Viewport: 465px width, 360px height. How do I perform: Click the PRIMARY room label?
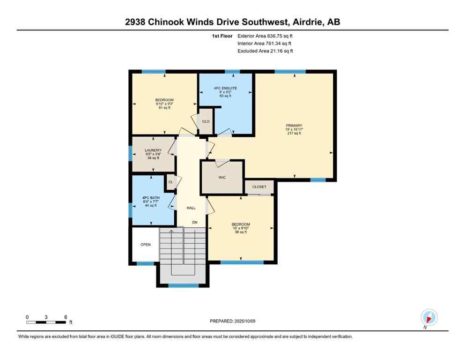(x=294, y=125)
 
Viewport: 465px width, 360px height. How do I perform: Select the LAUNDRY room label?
(x=153, y=150)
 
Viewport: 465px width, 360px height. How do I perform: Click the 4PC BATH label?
(x=151, y=198)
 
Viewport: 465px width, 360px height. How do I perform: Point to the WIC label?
(x=222, y=178)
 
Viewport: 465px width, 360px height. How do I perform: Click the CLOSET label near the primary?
(x=259, y=187)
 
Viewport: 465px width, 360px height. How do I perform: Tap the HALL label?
(x=191, y=208)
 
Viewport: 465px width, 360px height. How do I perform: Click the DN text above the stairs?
(x=194, y=222)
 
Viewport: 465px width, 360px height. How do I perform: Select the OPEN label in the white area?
(x=146, y=245)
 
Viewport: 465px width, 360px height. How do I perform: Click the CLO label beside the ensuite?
(x=206, y=121)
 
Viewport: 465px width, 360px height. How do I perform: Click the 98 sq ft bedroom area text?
(x=241, y=232)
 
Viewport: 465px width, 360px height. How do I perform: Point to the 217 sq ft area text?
(x=294, y=133)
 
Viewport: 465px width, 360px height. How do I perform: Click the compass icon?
(x=429, y=317)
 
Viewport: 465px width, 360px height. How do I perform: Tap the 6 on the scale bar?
(x=66, y=317)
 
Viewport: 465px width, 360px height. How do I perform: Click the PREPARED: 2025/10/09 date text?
(x=232, y=321)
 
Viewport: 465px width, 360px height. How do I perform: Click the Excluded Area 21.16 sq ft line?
(x=265, y=51)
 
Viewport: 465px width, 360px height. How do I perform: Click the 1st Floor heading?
(x=221, y=36)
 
